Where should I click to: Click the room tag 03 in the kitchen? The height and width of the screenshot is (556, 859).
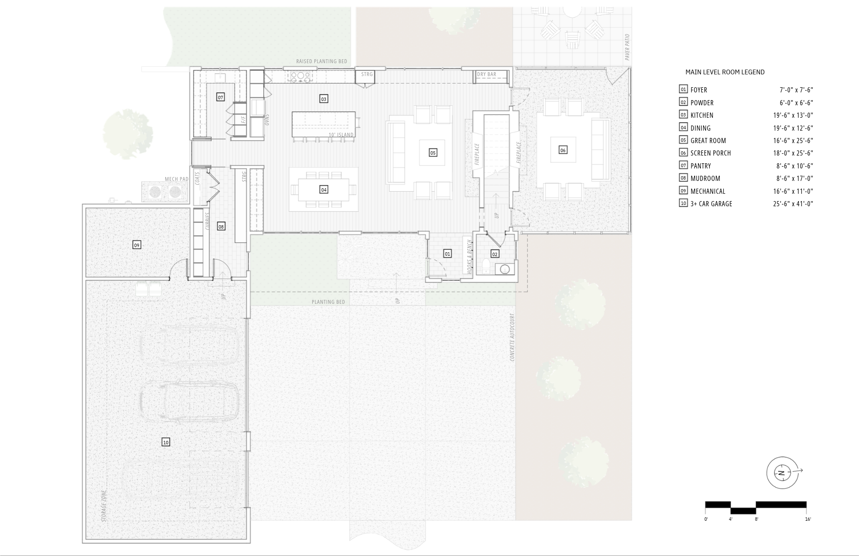323,99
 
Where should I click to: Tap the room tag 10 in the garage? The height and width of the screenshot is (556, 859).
166,442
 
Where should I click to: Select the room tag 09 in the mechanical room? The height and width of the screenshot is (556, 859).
137,245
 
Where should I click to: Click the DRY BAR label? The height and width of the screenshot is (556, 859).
487,74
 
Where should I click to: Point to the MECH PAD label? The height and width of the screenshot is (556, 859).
177,179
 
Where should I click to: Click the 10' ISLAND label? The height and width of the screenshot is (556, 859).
341,135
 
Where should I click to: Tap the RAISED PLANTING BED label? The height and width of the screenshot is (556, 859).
321,61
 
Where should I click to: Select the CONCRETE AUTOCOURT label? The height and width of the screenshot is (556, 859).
512,337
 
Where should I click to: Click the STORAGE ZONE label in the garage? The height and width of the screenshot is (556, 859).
104,506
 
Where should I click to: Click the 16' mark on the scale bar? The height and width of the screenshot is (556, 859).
808,519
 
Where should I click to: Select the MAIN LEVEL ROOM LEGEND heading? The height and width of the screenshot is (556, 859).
725,72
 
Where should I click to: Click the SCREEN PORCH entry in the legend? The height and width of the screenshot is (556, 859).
711,153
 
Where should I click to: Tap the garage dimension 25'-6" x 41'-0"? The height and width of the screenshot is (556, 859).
793,204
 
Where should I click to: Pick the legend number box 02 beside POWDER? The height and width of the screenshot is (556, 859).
683,102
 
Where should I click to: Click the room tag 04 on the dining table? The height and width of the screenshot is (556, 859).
324,189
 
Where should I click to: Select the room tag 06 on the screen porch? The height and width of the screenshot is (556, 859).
563,150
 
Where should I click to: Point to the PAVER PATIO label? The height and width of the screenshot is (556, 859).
627,47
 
